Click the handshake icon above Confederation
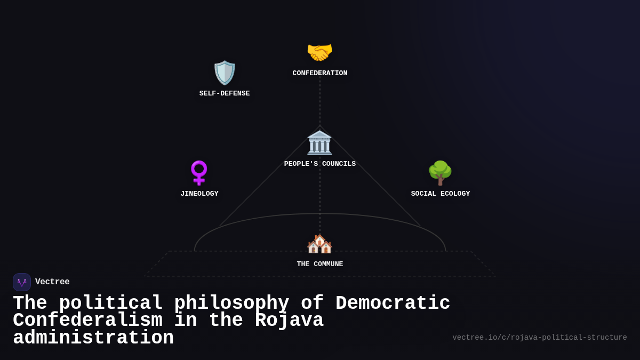tap(319, 52)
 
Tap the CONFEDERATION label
tap(320, 74)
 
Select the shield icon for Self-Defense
tap(225, 73)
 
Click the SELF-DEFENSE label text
tap(225, 94)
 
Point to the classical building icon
tap(319, 142)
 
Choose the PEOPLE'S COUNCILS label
tap(320, 164)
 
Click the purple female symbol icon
tap(199, 173)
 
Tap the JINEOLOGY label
tap(199, 194)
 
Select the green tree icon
tap(440, 173)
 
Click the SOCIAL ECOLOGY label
tap(441, 194)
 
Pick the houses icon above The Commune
tap(319, 244)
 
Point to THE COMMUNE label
tap(320, 265)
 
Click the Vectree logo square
tap(22, 282)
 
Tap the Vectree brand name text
tap(52, 282)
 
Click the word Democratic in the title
tap(393, 303)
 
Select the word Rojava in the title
tap(289, 321)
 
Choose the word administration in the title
tap(93, 338)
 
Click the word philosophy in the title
tap(231, 303)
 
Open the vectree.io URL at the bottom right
tap(540, 338)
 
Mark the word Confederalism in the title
tap(87, 321)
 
